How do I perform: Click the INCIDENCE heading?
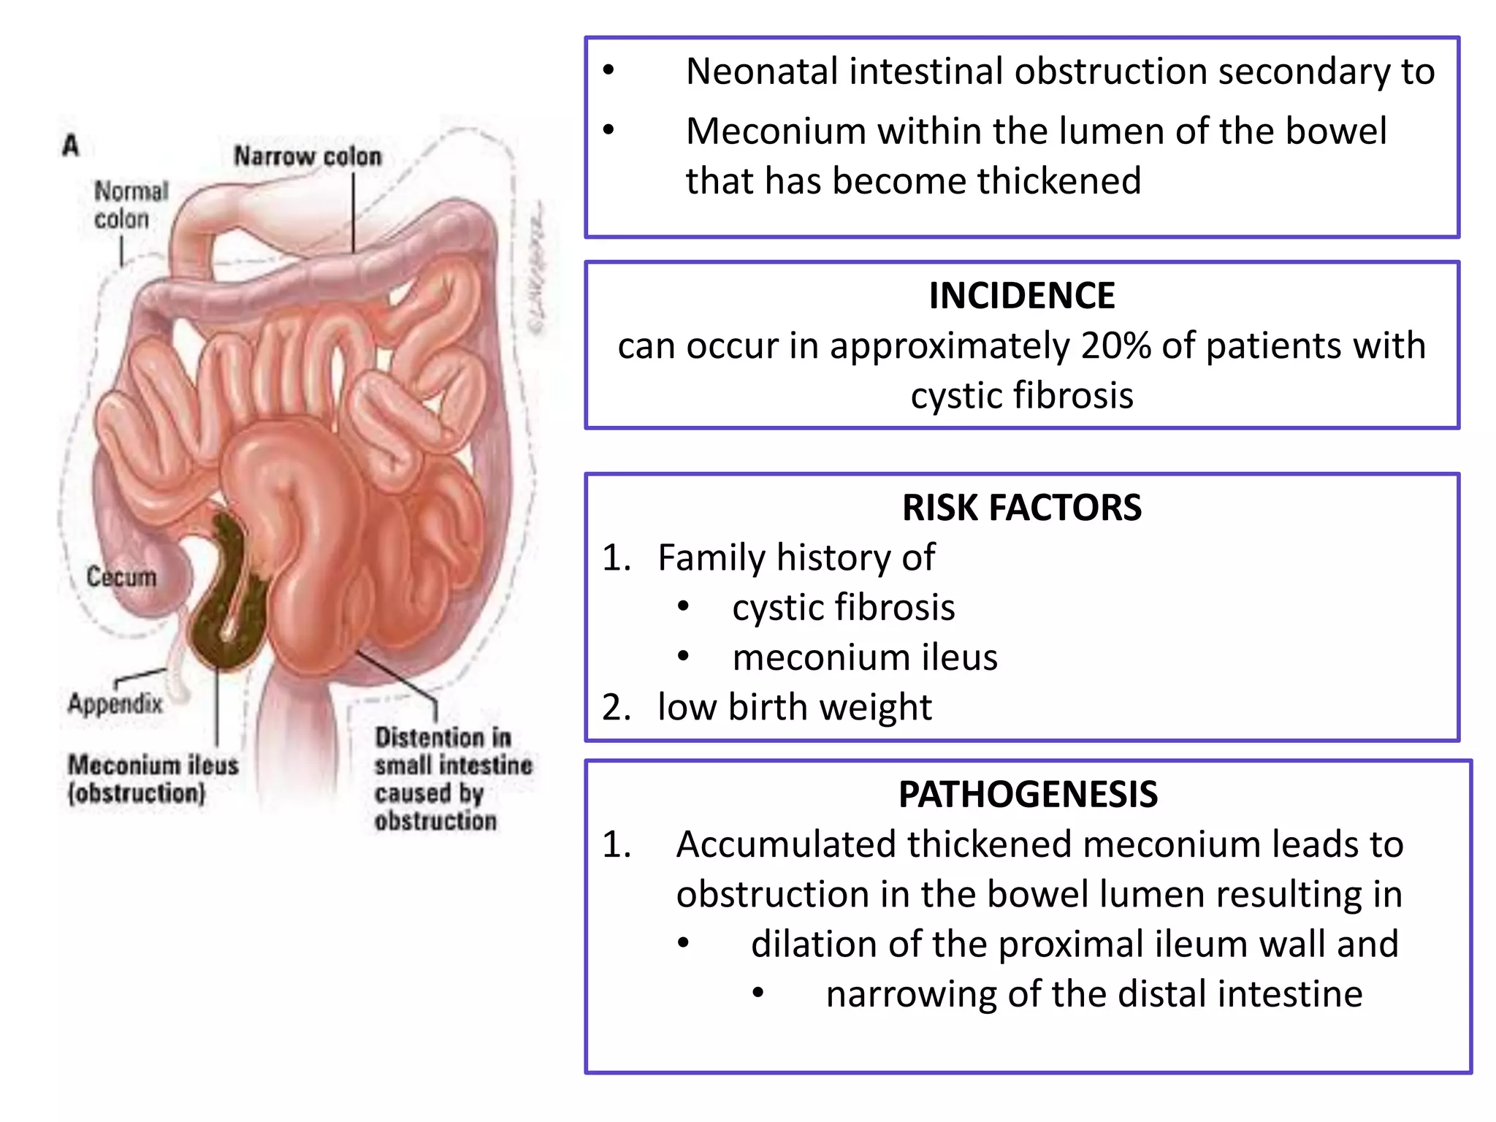coord(1021,296)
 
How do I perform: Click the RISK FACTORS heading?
coord(1021,508)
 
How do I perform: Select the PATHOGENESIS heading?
coord(1028,795)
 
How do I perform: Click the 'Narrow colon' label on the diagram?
coord(308,156)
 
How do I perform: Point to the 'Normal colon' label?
coord(131,205)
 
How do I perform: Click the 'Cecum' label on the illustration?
coord(121,577)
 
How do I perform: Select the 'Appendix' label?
coord(115,703)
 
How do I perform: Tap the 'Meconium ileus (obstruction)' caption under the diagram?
coord(153,779)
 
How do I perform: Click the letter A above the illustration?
coord(71,145)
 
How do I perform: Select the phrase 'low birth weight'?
coord(794,707)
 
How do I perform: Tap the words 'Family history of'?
coord(795,558)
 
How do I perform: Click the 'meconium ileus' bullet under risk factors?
coord(864,657)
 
